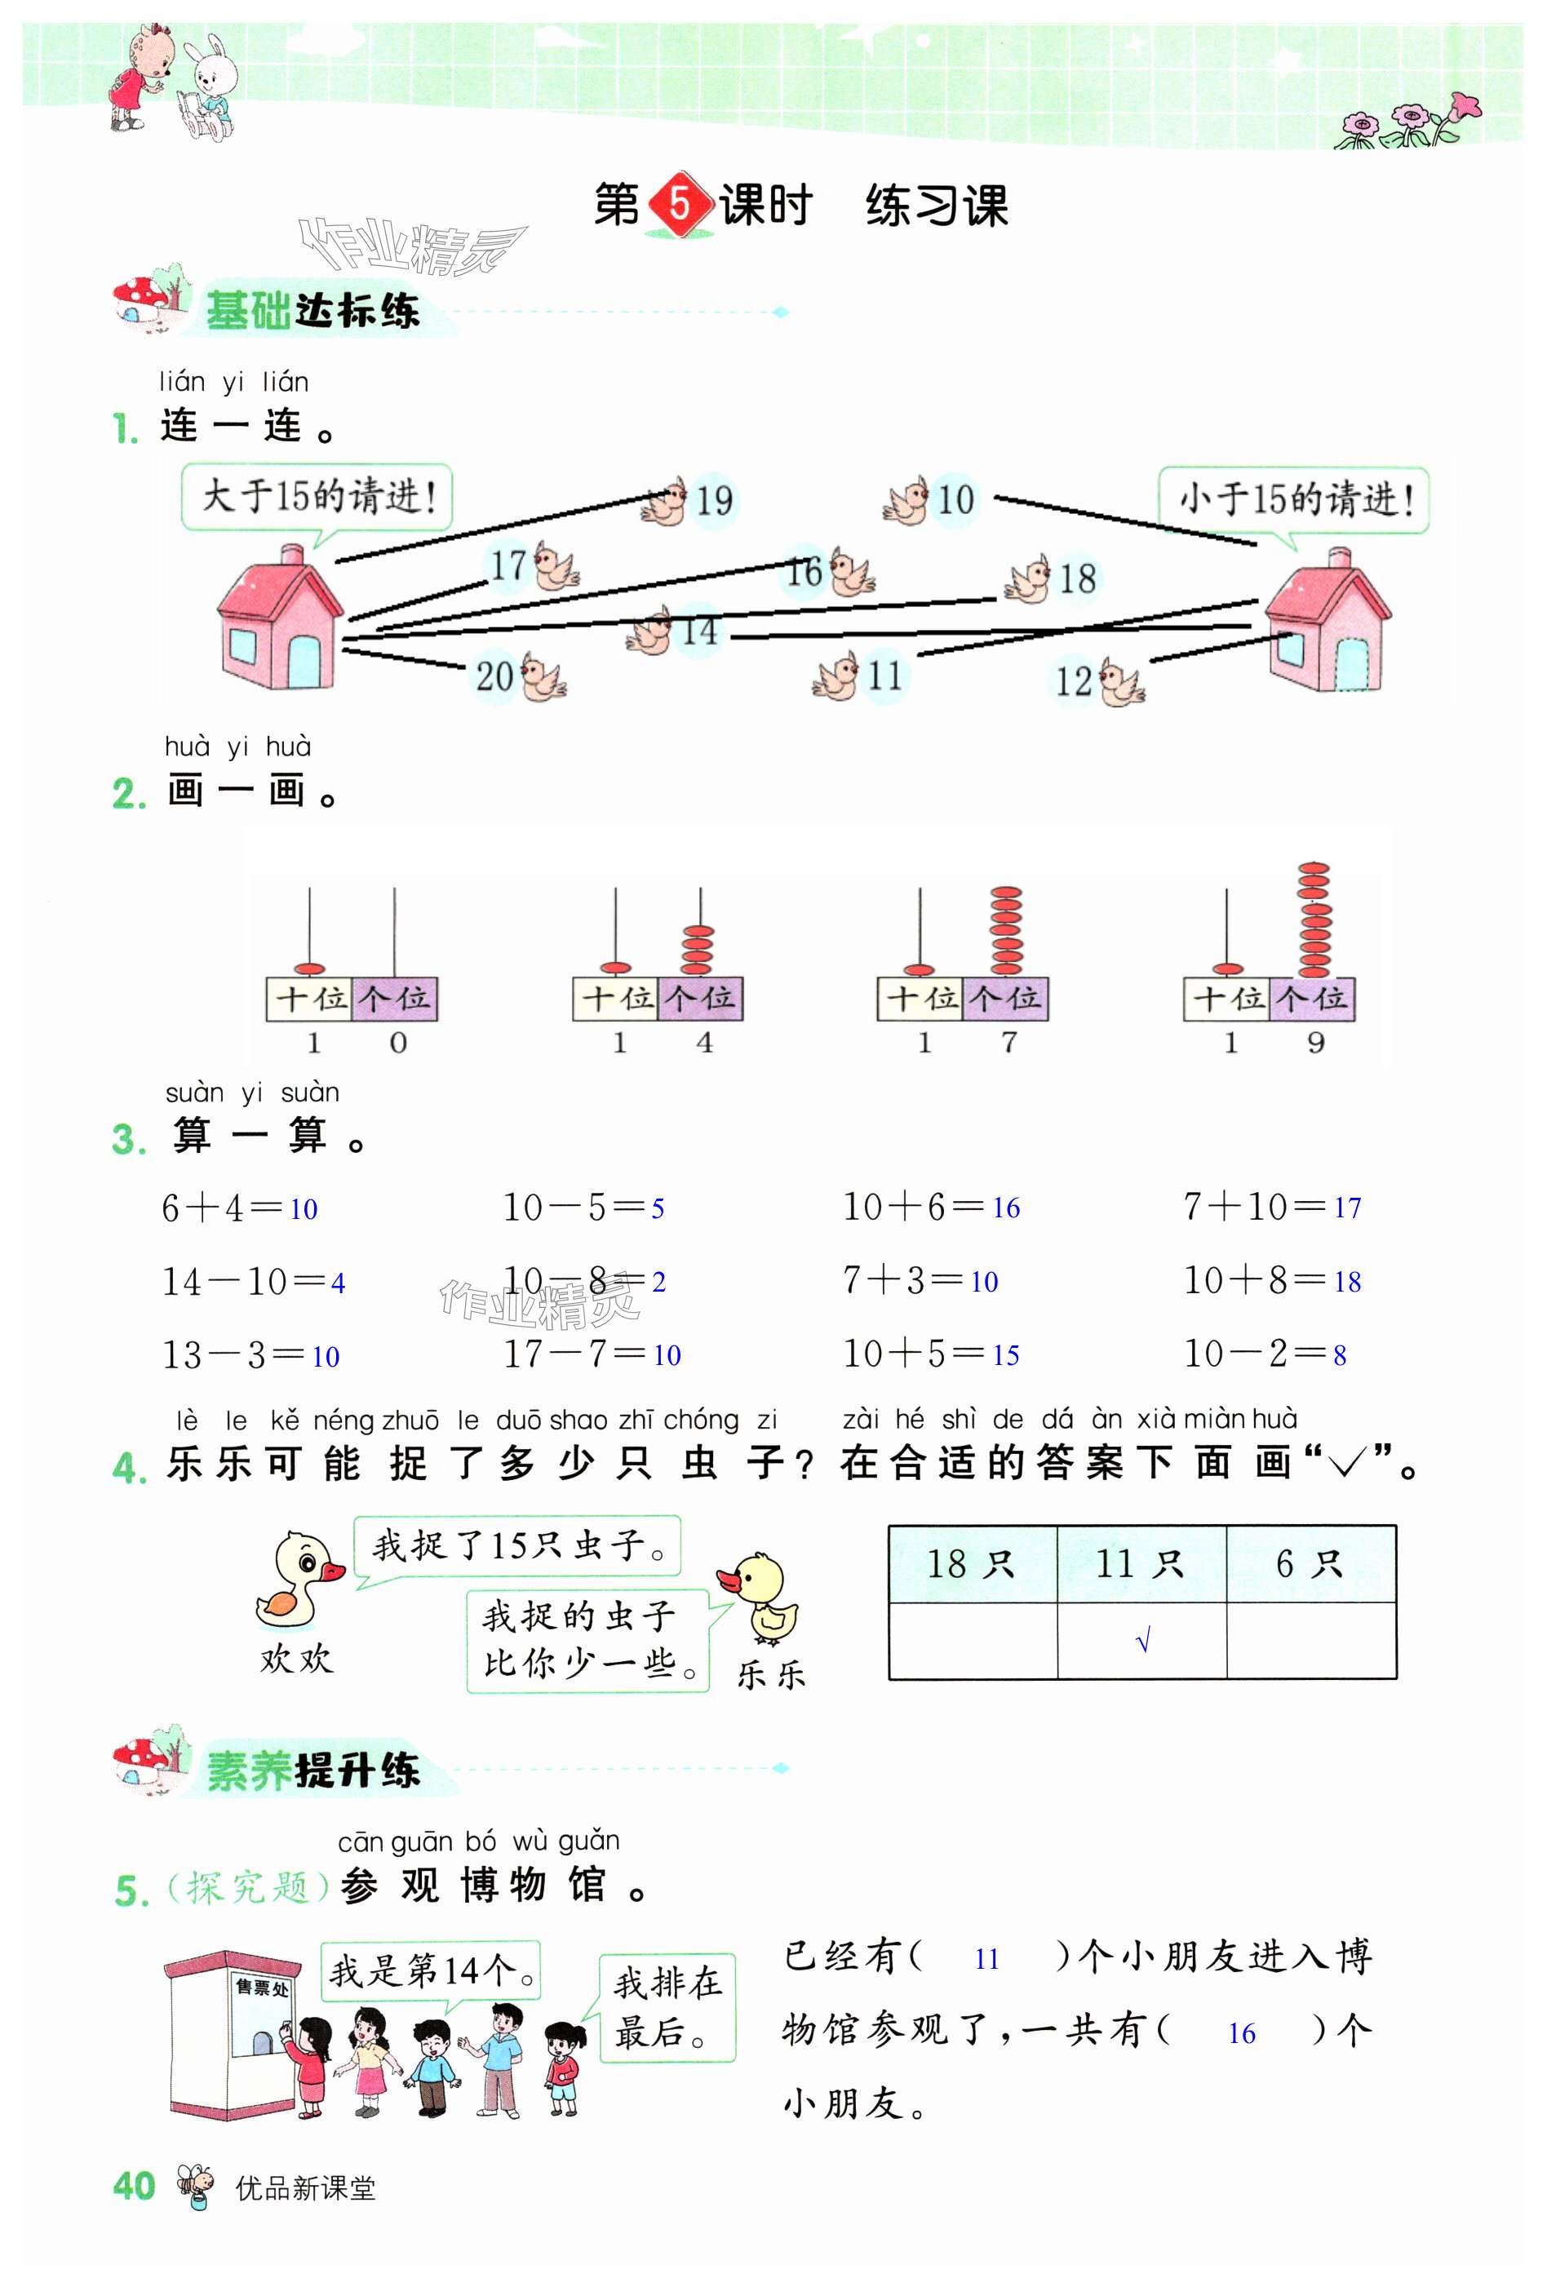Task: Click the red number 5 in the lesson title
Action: coord(679,205)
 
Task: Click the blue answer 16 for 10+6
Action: coord(1004,1208)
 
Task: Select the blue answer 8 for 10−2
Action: coord(1340,1356)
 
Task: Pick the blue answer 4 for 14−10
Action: coord(338,1283)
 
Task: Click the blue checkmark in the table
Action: coord(1141,1642)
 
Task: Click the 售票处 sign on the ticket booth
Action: coord(261,1988)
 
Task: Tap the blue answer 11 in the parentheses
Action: coord(986,1959)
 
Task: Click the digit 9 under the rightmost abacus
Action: coord(1316,1043)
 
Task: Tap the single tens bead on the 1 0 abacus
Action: coord(310,968)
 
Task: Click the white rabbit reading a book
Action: coord(210,84)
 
